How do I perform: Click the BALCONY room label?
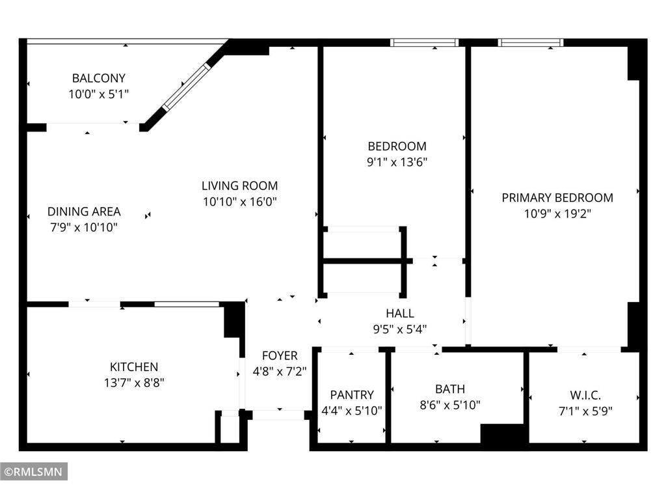tap(98, 78)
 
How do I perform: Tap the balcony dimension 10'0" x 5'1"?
tap(98, 94)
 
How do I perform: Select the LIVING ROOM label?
tap(239, 186)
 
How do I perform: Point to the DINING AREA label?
tap(84, 212)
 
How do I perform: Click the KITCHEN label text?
tap(133, 367)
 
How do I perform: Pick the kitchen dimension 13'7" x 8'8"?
tap(133, 383)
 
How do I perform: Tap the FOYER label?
tap(280, 355)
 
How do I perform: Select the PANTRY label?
tap(352, 395)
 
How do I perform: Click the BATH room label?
tap(450, 389)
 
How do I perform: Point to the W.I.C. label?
tap(585, 395)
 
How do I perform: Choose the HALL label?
tap(399, 313)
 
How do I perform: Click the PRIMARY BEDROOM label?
tap(557, 197)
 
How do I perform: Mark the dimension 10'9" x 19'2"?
tap(557, 213)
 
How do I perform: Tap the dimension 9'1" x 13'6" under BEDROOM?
tap(397, 162)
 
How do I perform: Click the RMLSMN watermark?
tap(34, 471)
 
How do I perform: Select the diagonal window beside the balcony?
tap(186, 87)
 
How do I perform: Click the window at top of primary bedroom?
tap(531, 43)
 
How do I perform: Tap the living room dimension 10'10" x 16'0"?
tap(239, 202)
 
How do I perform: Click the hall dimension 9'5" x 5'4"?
tap(399, 329)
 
